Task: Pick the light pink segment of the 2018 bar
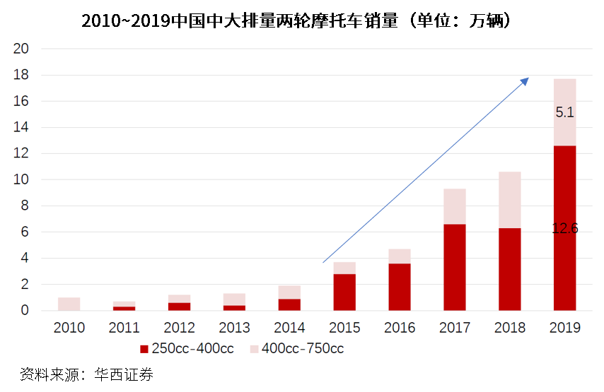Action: point(510,200)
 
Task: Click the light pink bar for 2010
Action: point(69,304)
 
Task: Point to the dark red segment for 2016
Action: point(400,287)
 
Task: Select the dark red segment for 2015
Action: point(344,292)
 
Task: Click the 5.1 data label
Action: point(564,112)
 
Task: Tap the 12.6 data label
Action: point(564,228)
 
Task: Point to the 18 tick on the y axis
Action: point(21,75)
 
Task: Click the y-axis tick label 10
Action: point(21,179)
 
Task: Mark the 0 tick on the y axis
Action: point(24,310)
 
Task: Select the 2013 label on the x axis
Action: point(234,328)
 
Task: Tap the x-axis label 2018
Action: point(510,328)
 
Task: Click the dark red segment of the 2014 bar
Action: point(289,304)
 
